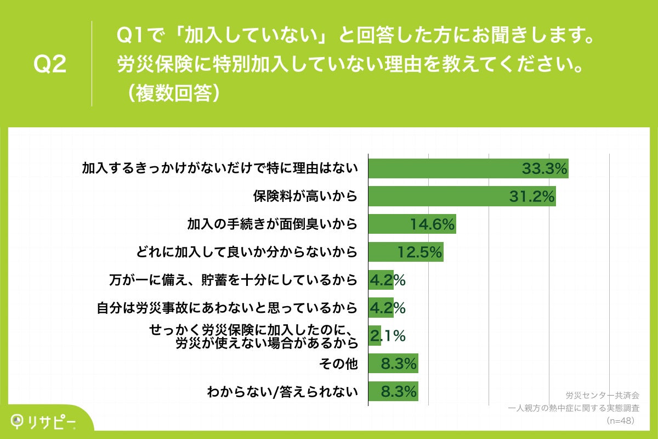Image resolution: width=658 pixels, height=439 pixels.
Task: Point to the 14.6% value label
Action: click(x=433, y=224)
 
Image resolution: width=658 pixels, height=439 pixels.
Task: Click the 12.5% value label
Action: click(x=420, y=252)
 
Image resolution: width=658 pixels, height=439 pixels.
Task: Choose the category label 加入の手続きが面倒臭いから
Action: click(x=272, y=224)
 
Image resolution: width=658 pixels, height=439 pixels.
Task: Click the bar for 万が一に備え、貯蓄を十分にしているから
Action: click(x=381, y=280)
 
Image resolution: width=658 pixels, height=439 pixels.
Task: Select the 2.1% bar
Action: click(x=375, y=336)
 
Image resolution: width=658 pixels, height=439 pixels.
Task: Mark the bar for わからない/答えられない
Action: click(x=393, y=391)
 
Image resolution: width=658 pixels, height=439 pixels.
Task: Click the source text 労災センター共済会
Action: click(x=602, y=395)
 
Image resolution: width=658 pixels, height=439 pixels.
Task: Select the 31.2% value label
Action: click(x=532, y=196)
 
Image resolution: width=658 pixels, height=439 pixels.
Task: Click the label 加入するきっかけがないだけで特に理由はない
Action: click(x=220, y=168)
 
